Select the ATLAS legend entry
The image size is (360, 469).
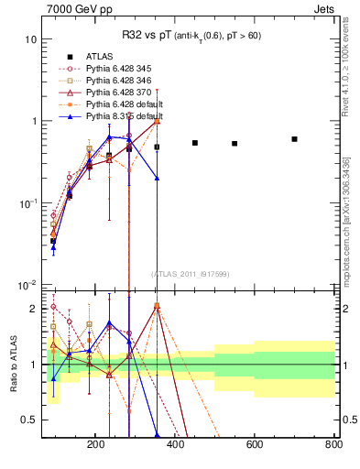tap(99, 56)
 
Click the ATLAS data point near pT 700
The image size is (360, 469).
tap(294, 139)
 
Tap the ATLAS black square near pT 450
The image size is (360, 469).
tap(195, 143)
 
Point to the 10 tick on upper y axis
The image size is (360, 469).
tap(30, 40)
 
